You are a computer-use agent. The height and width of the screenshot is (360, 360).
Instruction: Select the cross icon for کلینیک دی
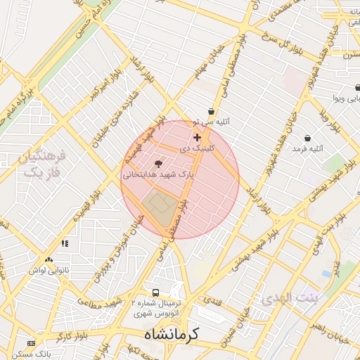click(197, 137)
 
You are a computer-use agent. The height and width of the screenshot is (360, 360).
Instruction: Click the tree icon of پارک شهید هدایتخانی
click(157, 163)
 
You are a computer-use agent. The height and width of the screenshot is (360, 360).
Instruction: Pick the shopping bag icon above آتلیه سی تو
click(211, 111)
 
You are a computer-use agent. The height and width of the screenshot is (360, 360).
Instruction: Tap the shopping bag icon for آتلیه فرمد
click(307, 138)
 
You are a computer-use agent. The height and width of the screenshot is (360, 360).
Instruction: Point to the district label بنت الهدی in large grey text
click(290, 299)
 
